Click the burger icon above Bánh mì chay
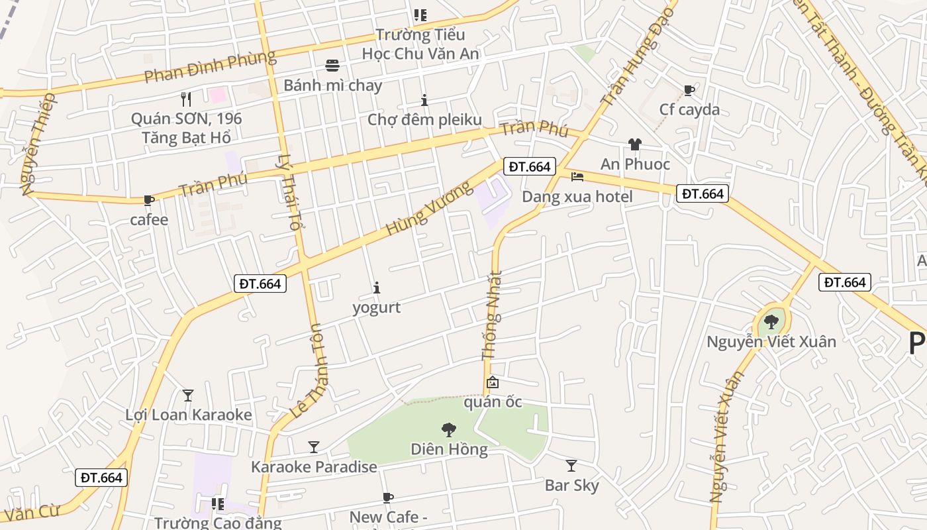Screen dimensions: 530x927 [x=332, y=65]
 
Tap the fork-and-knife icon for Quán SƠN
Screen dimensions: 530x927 [x=186, y=99]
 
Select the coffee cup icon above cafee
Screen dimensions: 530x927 [x=149, y=200]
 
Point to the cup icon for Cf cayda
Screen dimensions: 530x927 [x=689, y=90]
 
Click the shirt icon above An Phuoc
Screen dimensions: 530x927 [x=635, y=144]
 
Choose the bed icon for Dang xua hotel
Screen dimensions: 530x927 [x=577, y=177]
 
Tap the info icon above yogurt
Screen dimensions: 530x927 [x=377, y=288]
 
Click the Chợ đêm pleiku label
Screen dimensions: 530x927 [x=424, y=119]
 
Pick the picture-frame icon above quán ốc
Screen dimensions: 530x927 [x=493, y=382]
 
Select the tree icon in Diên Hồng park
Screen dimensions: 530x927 [x=449, y=430]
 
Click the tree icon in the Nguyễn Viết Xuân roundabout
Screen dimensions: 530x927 [x=771, y=322]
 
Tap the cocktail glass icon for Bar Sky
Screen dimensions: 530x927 [x=571, y=466]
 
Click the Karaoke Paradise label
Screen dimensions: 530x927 [x=314, y=466]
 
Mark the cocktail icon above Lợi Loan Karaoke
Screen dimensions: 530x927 [x=188, y=396]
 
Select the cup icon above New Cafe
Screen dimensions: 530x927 [x=388, y=498]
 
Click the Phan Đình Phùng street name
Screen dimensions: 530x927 [x=210, y=66]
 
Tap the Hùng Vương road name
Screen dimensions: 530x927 [x=421, y=207]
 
